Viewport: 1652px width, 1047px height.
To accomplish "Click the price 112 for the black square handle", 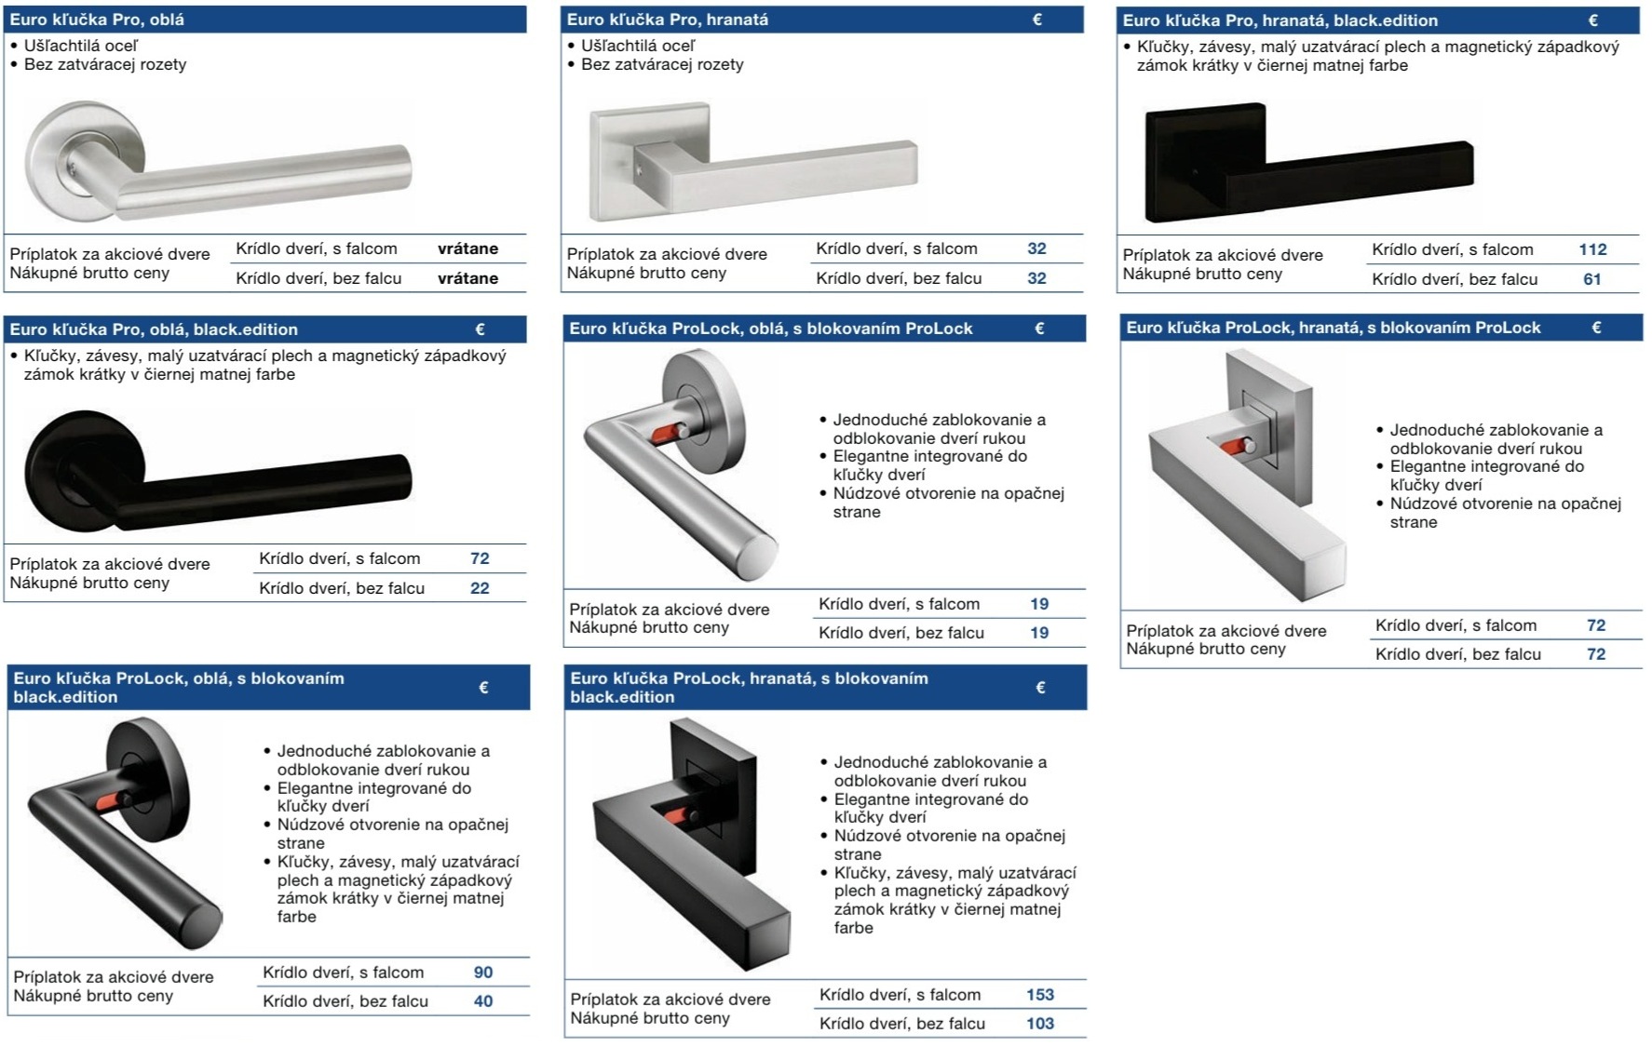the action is [1592, 249].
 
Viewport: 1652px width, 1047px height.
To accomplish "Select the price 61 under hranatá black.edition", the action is [1592, 279].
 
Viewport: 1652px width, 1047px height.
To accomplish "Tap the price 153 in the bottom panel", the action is [1040, 994].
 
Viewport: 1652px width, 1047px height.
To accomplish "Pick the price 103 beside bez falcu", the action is [1040, 1024].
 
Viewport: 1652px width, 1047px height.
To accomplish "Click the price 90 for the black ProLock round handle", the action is [483, 972].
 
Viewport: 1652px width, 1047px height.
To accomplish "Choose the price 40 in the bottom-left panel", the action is [483, 1001].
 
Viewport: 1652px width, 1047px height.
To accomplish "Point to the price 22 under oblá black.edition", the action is [480, 588].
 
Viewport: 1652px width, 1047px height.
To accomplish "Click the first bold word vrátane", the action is [467, 248].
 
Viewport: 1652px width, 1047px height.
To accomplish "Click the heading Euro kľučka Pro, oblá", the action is [97, 19].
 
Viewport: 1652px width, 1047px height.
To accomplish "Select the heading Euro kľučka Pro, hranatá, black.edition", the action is [1280, 20].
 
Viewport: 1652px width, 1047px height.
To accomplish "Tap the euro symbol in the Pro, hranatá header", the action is [1037, 19].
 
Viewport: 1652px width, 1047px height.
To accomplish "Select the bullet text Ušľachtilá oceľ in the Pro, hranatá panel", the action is [638, 45].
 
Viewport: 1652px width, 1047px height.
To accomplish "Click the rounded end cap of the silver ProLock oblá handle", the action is [760, 555].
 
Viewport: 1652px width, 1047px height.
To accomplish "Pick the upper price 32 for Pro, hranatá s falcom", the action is [1036, 248].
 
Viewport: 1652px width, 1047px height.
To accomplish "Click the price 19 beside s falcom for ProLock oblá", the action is [1039, 603].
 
